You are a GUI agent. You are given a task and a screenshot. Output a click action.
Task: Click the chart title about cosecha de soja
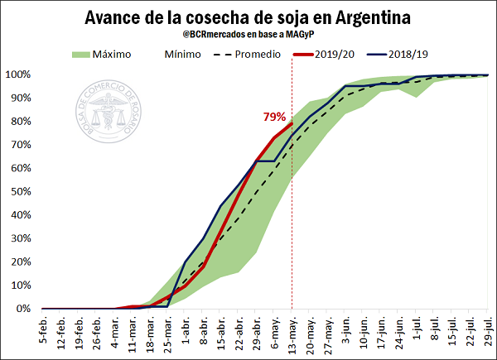click(x=248, y=18)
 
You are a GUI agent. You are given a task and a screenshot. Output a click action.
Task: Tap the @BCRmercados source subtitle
click(x=248, y=37)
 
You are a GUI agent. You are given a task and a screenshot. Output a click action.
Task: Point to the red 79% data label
click(x=275, y=117)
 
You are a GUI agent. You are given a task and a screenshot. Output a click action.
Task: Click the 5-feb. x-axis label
click(x=43, y=331)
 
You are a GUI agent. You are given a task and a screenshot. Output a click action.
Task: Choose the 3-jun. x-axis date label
click(x=345, y=331)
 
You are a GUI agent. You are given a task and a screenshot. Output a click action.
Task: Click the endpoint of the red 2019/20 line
click(x=292, y=123)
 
